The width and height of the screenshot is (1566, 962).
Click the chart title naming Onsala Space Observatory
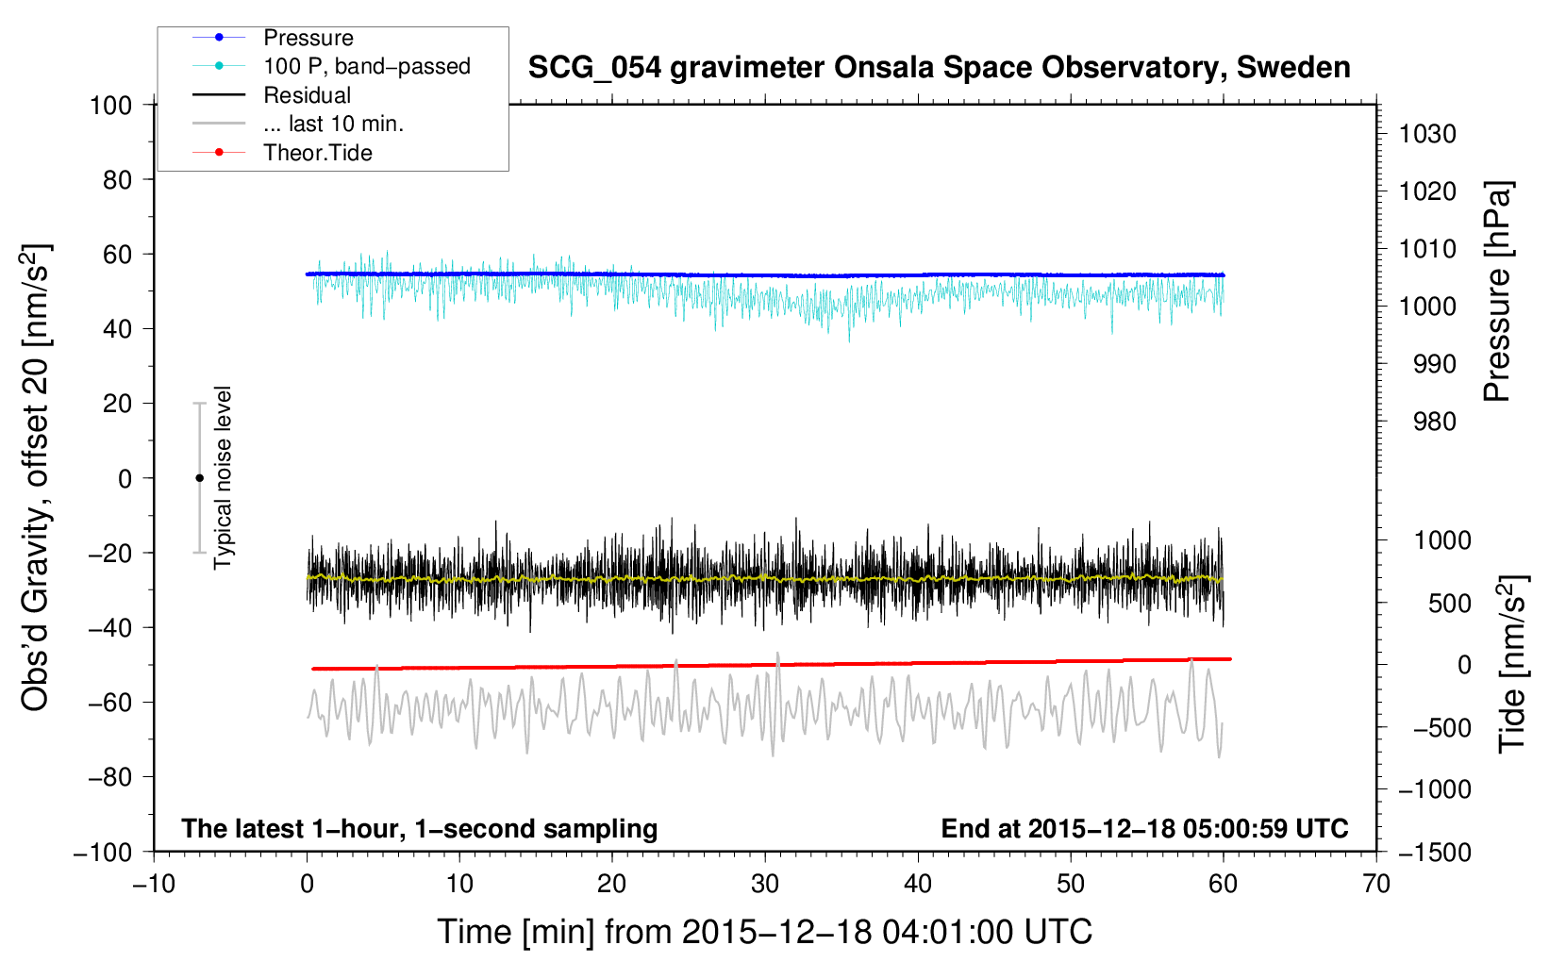[x=939, y=68]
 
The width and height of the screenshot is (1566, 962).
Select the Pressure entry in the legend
[x=308, y=38]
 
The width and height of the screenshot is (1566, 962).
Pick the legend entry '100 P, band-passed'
[x=366, y=67]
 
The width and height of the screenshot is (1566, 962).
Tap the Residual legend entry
[x=307, y=95]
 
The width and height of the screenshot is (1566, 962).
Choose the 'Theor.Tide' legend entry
[x=317, y=153]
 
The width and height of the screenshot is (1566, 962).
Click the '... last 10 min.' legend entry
[x=333, y=124]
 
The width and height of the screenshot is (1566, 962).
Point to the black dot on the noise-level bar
[x=199, y=478]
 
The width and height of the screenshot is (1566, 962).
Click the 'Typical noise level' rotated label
[x=223, y=478]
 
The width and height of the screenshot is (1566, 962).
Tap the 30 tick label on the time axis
[x=765, y=885]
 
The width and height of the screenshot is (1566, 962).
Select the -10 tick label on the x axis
[x=154, y=885]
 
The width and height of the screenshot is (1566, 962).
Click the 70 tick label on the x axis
[x=1376, y=885]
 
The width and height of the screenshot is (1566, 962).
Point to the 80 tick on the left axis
[x=117, y=179]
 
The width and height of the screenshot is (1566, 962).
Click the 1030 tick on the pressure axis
[x=1427, y=134]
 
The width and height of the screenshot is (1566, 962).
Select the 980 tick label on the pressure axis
[x=1434, y=422]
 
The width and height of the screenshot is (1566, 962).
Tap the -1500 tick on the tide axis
[x=1434, y=852]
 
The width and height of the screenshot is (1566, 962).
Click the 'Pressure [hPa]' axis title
[x=1497, y=291]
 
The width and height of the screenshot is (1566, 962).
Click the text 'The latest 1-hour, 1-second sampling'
[x=420, y=829]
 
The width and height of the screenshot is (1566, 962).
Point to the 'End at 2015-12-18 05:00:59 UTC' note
[x=1144, y=829]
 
